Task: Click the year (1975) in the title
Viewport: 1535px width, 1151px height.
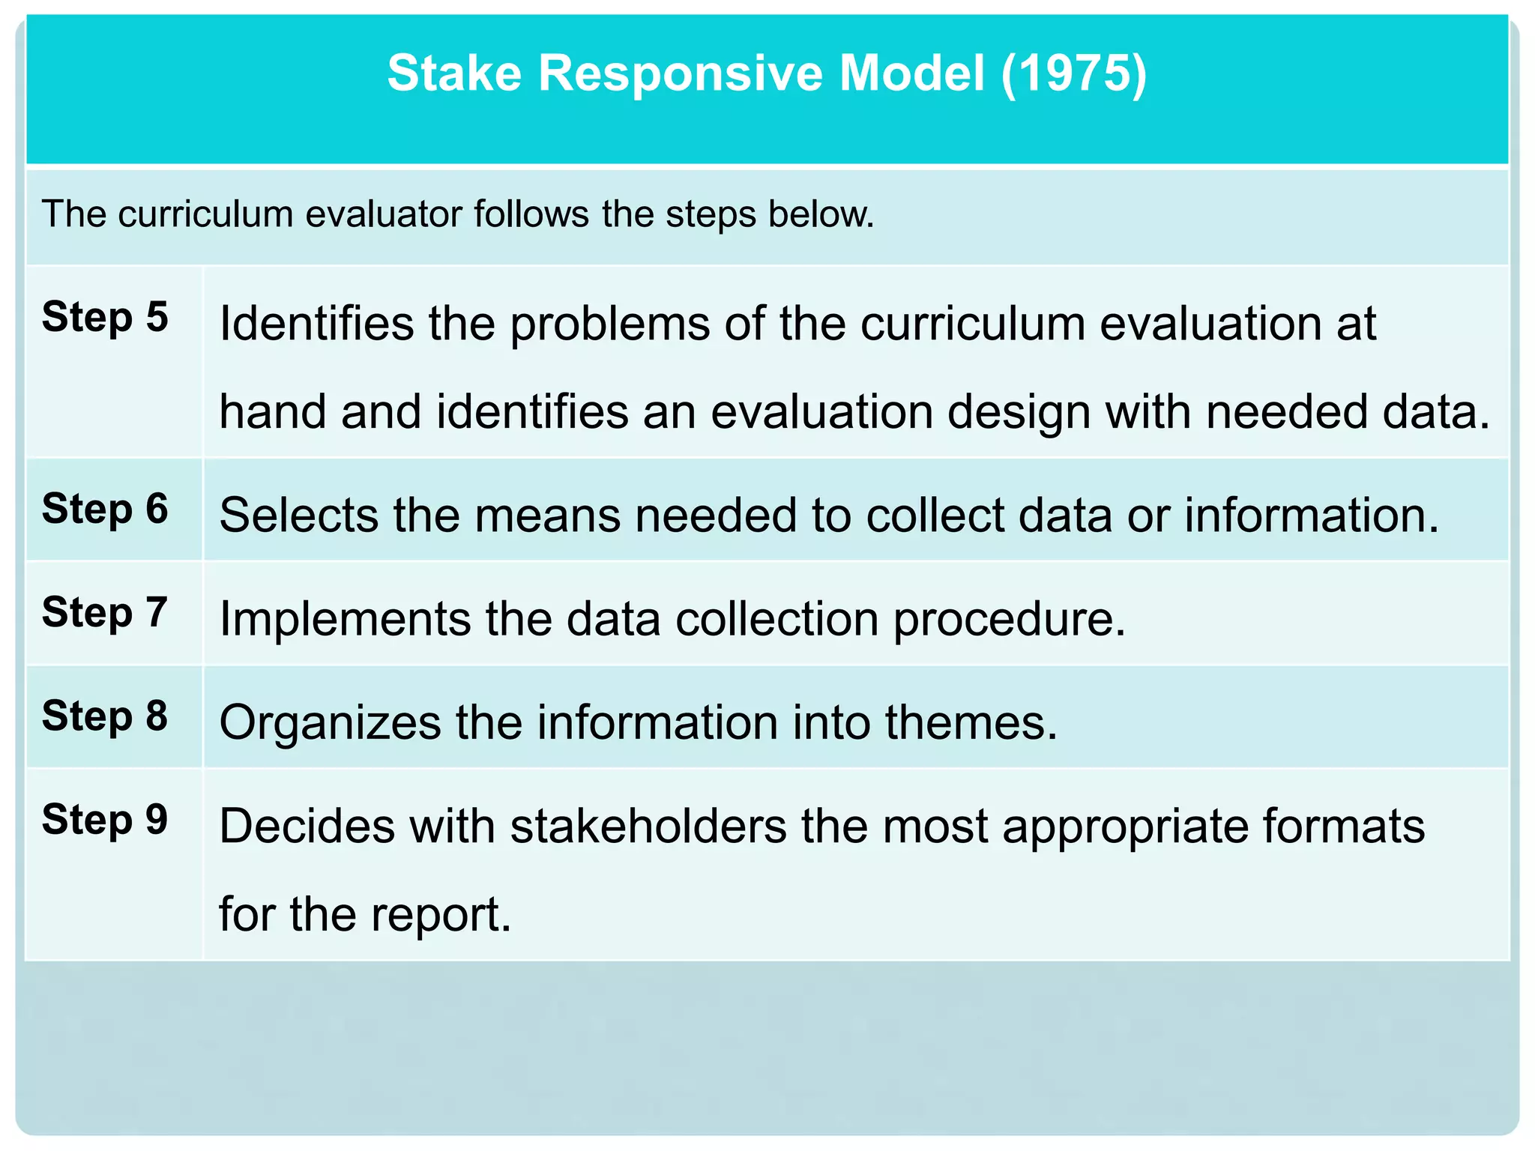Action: pos(1073,73)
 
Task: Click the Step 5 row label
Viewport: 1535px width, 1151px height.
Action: pos(105,317)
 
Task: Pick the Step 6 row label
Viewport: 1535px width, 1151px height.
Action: pos(105,509)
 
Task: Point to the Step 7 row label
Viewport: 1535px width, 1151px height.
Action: pos(105,612)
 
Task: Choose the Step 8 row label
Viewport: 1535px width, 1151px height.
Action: pos(105,716)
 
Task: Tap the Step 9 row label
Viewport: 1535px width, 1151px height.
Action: pos(105,819)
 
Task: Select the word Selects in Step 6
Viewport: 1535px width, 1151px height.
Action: pos(299,516)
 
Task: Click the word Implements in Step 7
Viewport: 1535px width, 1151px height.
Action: pos(345,619)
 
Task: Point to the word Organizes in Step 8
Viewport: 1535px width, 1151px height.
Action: pos(331,722)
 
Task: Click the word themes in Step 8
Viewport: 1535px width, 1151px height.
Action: pos(971,722)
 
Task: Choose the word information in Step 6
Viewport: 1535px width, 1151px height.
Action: pos(1312,516)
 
